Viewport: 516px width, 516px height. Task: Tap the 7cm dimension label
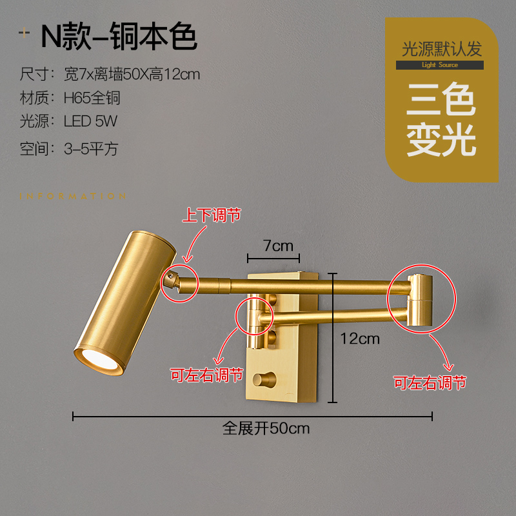tap(278, 246)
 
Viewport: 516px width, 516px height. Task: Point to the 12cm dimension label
tap(360, 338)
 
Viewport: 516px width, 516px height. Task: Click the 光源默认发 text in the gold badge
tap(441, 49)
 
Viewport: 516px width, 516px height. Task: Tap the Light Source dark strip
tap(440, 65)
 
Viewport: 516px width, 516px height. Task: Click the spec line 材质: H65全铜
tap(70, 98)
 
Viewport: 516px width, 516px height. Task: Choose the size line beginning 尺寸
tap(110, 74)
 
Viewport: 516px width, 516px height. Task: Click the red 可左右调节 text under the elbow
tap(430, 382)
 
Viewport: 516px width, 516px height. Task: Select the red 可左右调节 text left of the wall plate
tap(206, 375)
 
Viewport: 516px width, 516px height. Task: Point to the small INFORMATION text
tap(72, 197)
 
